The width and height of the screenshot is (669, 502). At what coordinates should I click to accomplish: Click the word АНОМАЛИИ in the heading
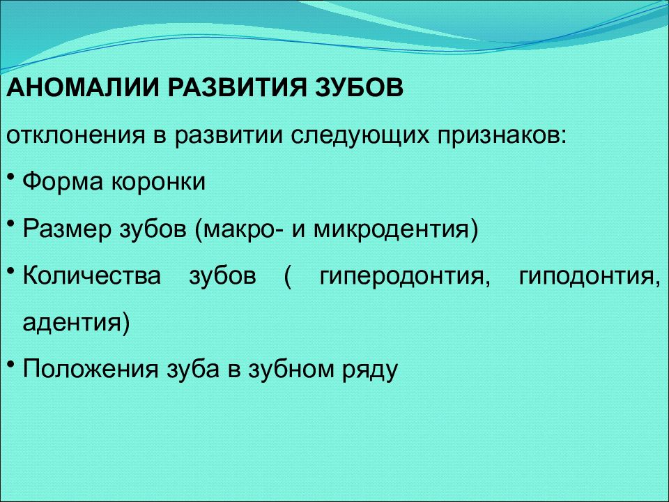[82, 87]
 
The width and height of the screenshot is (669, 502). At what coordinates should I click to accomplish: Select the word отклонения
[76, 135]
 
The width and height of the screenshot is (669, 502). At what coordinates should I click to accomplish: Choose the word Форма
[63, 182]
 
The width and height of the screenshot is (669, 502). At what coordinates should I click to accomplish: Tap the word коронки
[159, 182]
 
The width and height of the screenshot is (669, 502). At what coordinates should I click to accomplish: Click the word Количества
[92, 276]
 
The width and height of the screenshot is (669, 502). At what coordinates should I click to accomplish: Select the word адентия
[72, 323]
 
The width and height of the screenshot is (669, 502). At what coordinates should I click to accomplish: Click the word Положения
[91, 370]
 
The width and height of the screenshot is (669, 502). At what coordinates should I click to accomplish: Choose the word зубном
[291, 368]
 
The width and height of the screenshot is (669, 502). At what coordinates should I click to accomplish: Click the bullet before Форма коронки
[12, 176]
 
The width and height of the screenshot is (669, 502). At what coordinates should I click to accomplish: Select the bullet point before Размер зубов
[12, 223]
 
